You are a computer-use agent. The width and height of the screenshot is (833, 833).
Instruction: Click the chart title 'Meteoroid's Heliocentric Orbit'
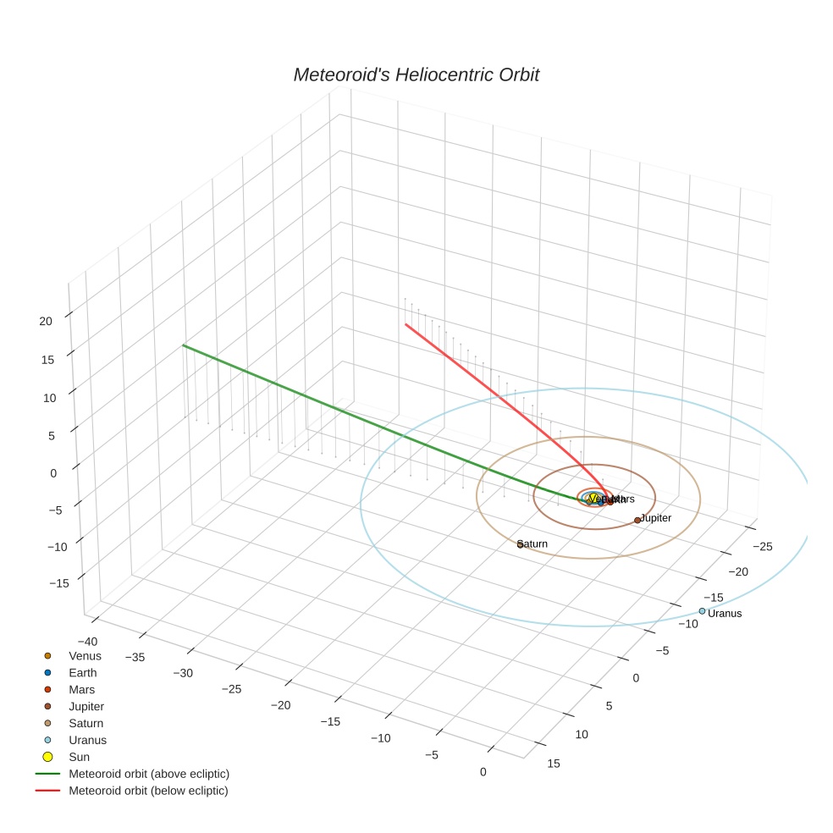(x=416, y=74)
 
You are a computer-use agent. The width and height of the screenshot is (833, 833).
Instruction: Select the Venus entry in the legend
(x=85, y=656)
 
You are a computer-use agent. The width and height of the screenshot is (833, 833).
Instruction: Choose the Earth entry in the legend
(x=83, y=673)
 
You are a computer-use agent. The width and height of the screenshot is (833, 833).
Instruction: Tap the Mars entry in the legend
(x=81, y=690)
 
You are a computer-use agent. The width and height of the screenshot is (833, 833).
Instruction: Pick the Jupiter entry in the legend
(x=86, y=707)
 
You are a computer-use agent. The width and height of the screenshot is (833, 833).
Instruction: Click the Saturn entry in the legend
(x=86, y=724)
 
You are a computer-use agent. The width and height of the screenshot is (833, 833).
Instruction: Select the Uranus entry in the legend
(x=87, y=740)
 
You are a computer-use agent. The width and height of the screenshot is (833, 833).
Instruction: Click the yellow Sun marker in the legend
(x=48, y=757)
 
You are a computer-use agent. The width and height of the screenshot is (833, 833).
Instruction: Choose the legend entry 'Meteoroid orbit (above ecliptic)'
(x=149, y=774)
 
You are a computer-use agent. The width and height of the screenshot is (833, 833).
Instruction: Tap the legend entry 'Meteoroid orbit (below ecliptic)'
(x=149, y=791)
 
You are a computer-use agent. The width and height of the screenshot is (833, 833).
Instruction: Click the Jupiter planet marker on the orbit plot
(x=637, y=521)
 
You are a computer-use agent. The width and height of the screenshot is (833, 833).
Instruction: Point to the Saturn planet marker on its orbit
(x=520, y=544)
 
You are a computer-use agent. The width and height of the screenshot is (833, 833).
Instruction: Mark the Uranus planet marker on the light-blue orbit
(x=702, y=611)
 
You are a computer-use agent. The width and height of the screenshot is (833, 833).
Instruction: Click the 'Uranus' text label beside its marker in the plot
(x=725, y=614)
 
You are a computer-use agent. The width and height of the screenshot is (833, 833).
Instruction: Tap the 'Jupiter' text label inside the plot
(x=656, y=518)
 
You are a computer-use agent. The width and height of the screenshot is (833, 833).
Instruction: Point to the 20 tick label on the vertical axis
(x=47, y=321)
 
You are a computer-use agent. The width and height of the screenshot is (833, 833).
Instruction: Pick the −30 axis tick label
(x=184, y=674)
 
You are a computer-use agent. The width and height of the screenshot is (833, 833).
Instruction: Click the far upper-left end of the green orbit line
(x=183, y=345)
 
